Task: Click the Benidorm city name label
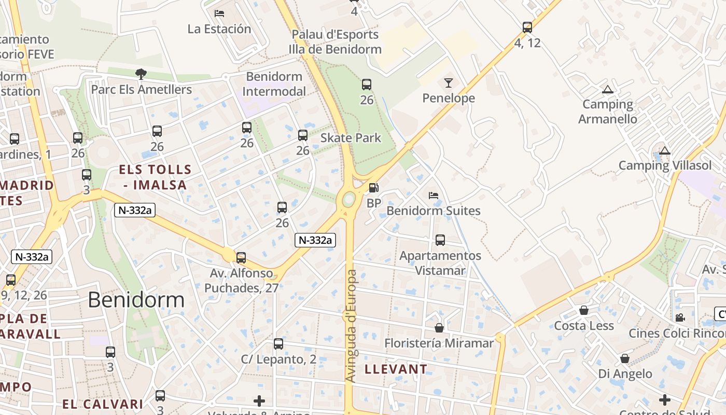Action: (136, 300)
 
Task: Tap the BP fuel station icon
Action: (373, 188)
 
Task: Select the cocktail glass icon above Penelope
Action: (449, 82)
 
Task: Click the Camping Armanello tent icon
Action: (608, 89)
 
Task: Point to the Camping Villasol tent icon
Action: (665, 151)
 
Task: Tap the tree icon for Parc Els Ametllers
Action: (141, 74)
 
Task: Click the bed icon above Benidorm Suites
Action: (434, 196)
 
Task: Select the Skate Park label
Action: (351, 138)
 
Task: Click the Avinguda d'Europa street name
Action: (351, 326)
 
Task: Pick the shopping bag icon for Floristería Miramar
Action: (439, 328)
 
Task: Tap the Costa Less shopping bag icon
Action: (584, 310)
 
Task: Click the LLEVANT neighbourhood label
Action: (396, 369)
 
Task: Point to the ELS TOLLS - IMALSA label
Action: (155, 177)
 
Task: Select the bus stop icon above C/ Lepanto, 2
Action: (278, 343)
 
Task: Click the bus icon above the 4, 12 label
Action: (527, 27)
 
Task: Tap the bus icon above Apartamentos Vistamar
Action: (440, 240)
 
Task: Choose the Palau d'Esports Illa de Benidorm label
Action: (335, 42)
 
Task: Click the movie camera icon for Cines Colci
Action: (680, 317)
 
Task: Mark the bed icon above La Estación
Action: (219, 13)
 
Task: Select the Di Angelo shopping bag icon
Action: (625, 358)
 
